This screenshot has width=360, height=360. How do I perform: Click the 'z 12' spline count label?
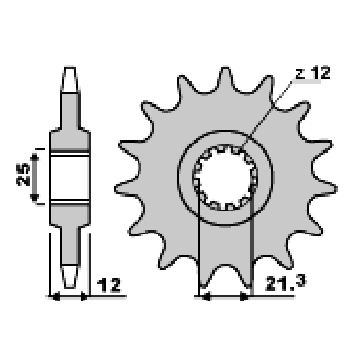[x=312, y=73]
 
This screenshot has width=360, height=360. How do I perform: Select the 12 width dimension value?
[x=109, y=285]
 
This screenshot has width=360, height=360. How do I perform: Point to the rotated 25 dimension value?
[x=23, y=175]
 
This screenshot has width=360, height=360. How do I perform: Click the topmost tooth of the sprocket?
[x=225, y=79]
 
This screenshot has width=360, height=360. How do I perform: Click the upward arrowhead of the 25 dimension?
[x=35, y=157]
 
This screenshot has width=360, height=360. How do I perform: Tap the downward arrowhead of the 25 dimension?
[x=35, y=198]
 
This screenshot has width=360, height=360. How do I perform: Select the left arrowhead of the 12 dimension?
[x=55, y=297]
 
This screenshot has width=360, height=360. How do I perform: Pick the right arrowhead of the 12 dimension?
[x=84, y=297]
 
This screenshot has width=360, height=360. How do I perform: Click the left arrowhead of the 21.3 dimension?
[x=207, y=297]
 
